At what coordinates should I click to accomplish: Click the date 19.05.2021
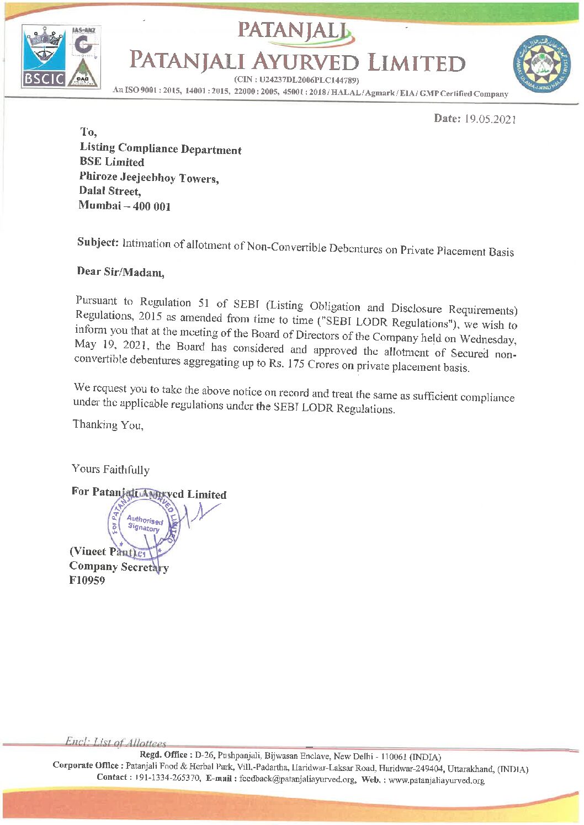click(490, 119)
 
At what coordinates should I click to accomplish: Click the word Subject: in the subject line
click(98, 242)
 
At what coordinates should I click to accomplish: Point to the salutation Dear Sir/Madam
click(120, 272)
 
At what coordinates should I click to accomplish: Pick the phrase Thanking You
click(108, 424)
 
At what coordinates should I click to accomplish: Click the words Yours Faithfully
click(110, 470)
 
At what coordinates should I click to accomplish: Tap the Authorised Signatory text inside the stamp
click(145, 523)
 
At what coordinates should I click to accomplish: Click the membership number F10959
click(87, 581)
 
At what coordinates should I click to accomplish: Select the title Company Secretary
click(119, 567)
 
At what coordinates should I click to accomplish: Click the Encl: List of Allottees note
click(115, 743)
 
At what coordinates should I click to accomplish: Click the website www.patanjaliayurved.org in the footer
click(436, 780)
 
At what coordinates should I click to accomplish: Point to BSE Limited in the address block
click(112, 162)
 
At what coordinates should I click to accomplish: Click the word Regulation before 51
click(165, 302)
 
